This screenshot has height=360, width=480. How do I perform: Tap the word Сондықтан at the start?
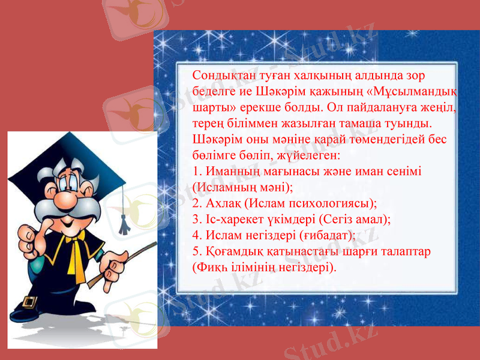(218, 76)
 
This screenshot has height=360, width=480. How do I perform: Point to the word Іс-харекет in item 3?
(237, 218)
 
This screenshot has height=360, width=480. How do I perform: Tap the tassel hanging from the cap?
(124, 216)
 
